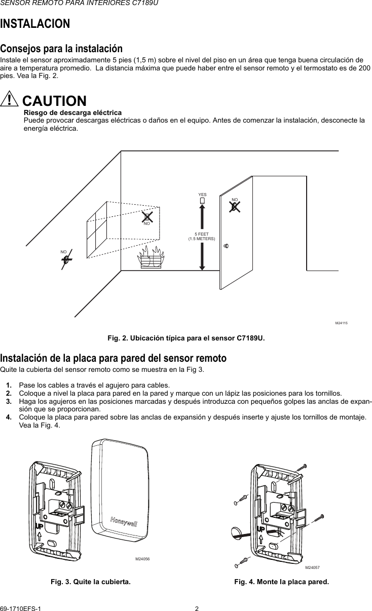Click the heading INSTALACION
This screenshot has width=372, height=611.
(35, 24)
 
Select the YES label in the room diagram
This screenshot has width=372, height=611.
(202, 195)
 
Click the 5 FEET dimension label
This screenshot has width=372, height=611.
(202, 236)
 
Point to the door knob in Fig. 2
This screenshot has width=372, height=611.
(226, 246)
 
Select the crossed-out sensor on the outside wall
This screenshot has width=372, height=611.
(66, 258)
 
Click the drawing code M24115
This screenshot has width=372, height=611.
(343, 323)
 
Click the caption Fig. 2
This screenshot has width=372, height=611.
(185, 337)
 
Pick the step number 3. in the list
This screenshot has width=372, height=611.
(9, 401)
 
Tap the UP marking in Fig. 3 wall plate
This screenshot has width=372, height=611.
(40, 527)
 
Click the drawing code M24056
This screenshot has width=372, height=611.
(143, 559)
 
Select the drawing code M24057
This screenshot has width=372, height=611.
(313, 568)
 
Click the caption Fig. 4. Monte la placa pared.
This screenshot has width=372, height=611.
(281, 582)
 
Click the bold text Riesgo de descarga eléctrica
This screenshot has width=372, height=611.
(73, 112)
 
